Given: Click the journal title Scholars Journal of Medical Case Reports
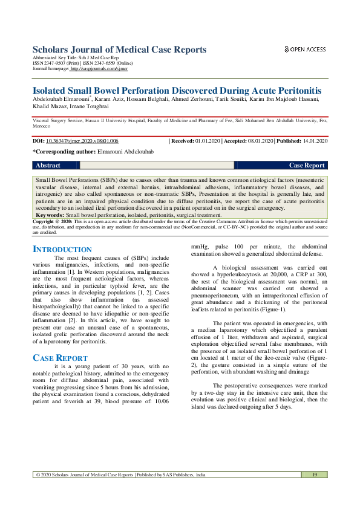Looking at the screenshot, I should point(119,50).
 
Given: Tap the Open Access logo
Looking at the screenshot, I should point(305,50).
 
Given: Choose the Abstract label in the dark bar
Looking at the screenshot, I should point(48,165).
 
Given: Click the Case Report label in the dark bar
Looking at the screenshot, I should point(307,165).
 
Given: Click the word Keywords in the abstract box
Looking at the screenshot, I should point(50,215).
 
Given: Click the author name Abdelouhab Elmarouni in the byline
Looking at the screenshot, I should point(61,99).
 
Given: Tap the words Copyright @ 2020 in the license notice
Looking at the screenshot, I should point(54,222).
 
